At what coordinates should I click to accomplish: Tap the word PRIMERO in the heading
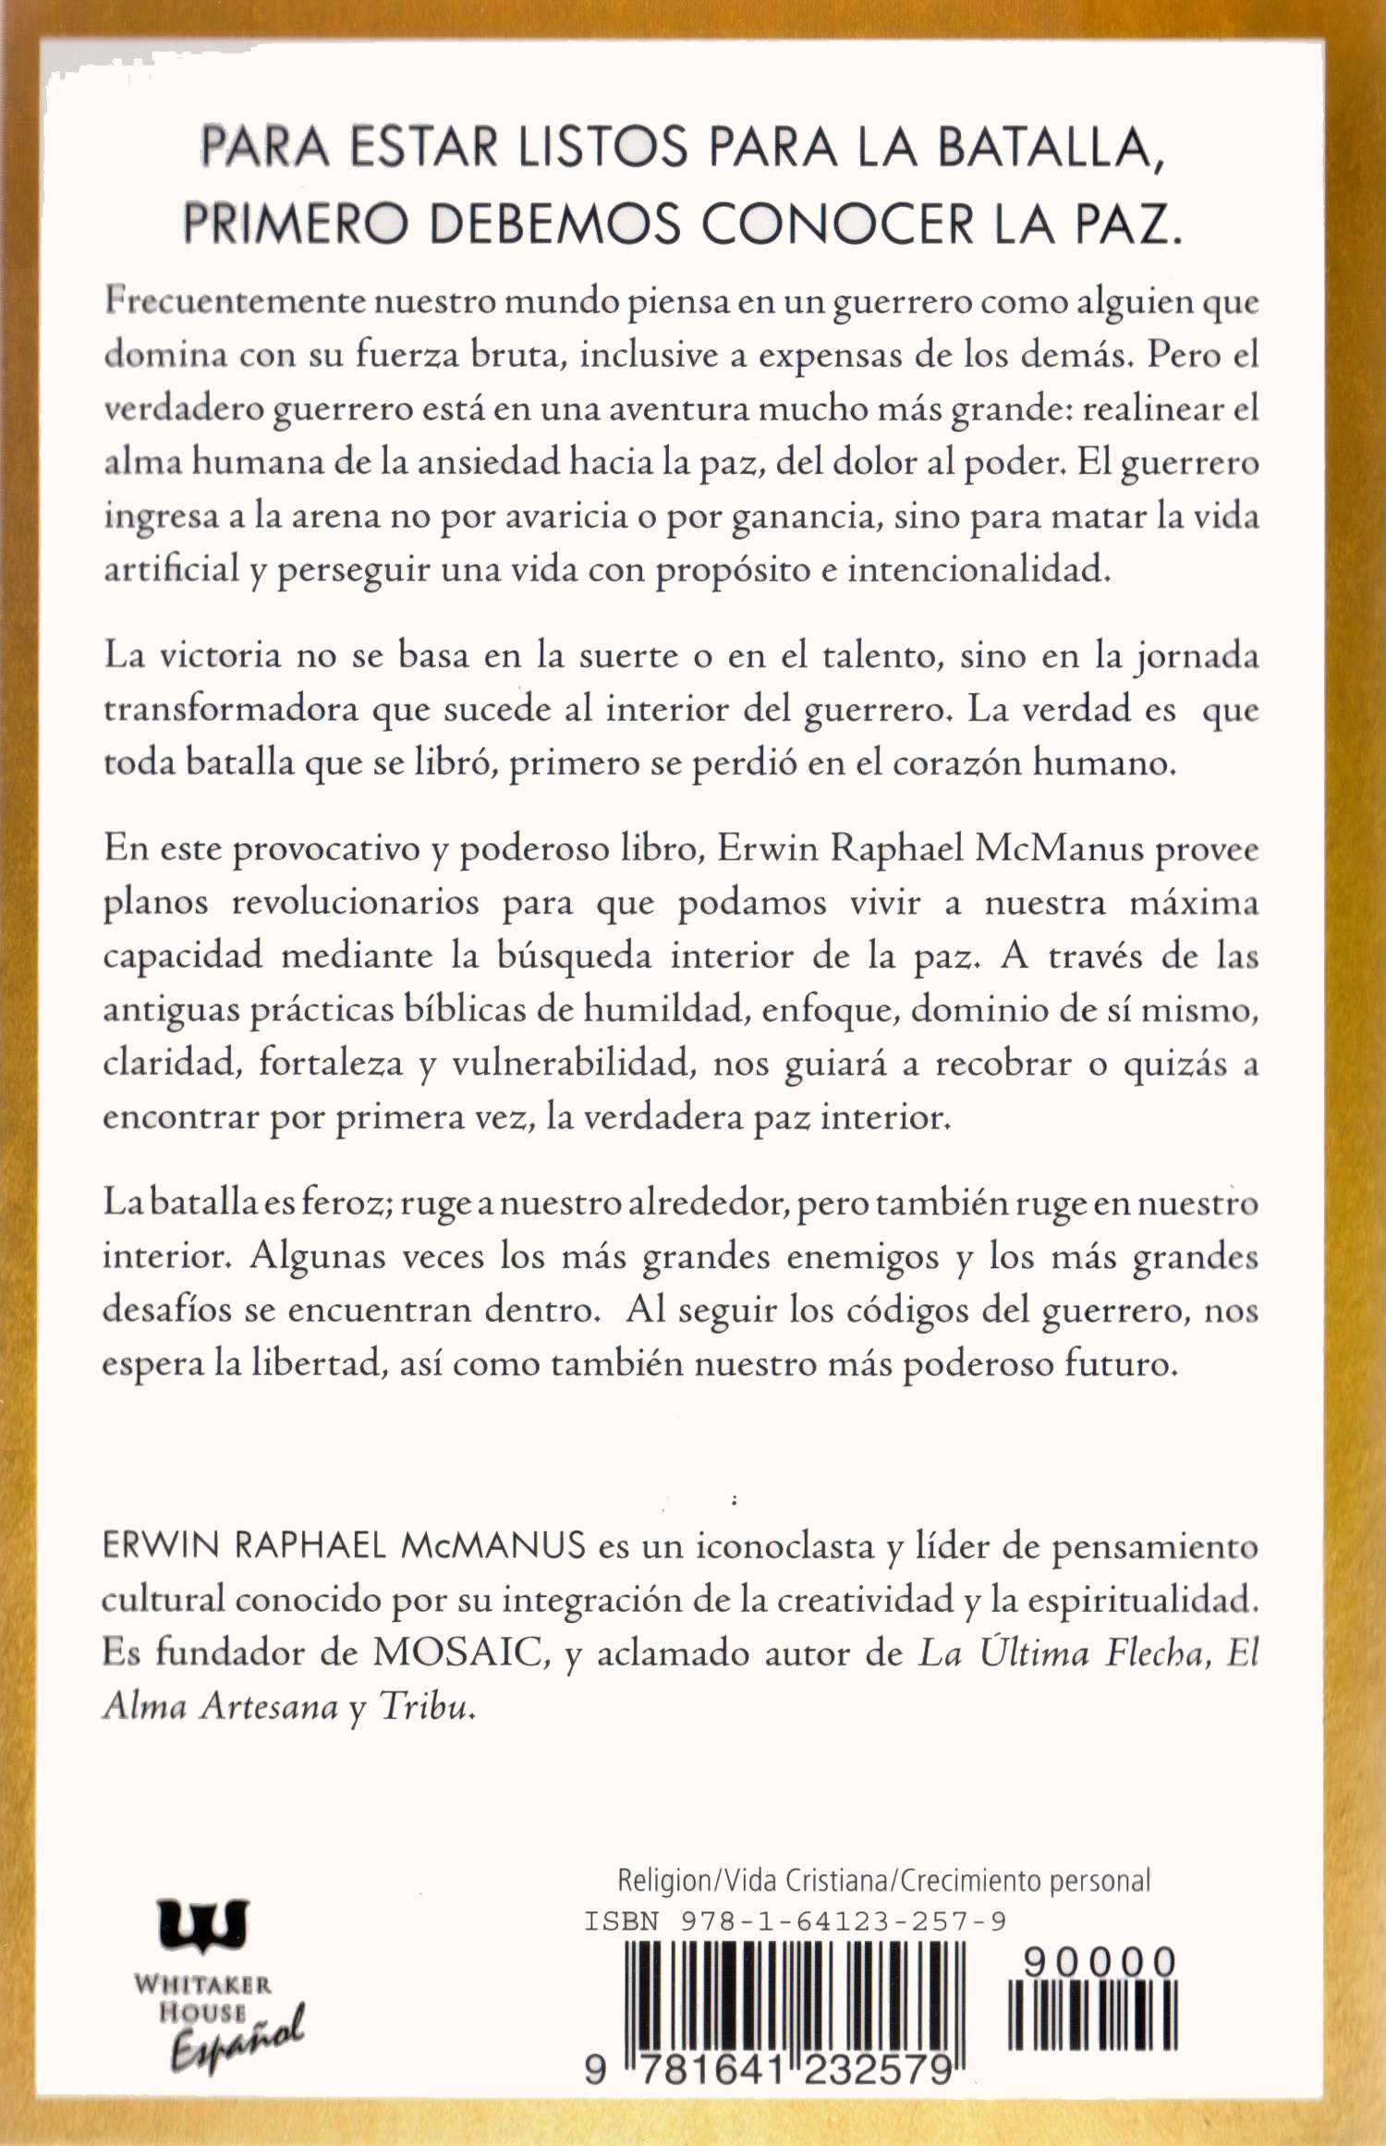click(x=295, y=225)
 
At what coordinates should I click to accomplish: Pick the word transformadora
click(x=230, y=709)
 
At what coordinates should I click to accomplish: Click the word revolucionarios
click(x=355, y=902)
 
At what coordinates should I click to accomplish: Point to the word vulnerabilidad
click(x=574, y=1064)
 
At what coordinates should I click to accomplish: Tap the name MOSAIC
click(x=456, y=1652)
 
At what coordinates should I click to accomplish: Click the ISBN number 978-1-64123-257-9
click(x=843, y=1921)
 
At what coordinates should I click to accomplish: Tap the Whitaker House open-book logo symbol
click(x=203, y=1924)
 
